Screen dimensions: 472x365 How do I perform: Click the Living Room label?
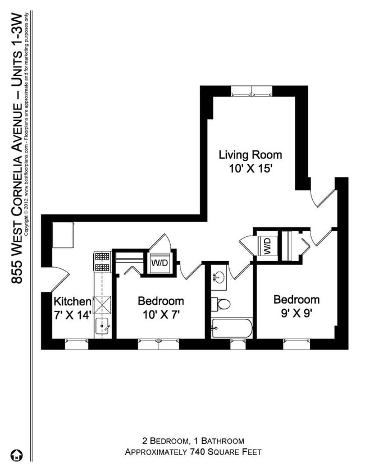coord(250,154)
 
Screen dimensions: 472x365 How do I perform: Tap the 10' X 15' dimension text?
coord(250,168)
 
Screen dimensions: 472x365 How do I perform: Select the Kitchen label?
coord(72,301)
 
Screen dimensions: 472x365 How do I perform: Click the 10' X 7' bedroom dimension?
coord(161,315)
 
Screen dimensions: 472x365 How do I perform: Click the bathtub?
coord(232,328)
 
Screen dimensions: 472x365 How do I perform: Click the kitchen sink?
coord(102,325)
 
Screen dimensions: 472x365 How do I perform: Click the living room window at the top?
coord(252,90)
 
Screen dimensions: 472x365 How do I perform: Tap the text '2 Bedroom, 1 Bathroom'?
coord(193,441)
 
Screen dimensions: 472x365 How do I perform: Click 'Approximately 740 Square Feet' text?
coord(193,452)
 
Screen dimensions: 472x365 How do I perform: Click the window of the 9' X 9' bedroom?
coord(296,343)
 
